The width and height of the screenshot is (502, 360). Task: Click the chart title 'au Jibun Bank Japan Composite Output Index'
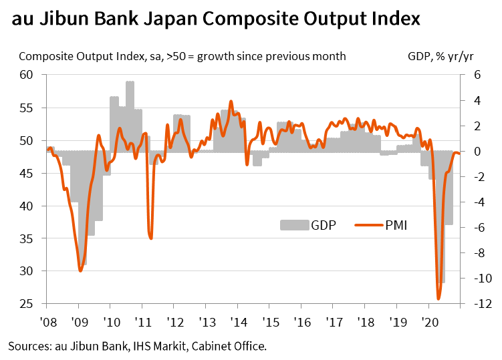(x=216, y=18)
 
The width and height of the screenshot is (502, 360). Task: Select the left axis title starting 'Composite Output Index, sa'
(x=182, y=56)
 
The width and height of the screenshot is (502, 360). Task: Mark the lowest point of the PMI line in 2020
(x=438, y=299)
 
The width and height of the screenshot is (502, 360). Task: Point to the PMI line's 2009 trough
(x=80, y=271)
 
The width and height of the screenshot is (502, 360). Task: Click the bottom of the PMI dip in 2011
(x=151, y=238)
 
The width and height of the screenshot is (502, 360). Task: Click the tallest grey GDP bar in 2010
(x=130, y=83)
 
